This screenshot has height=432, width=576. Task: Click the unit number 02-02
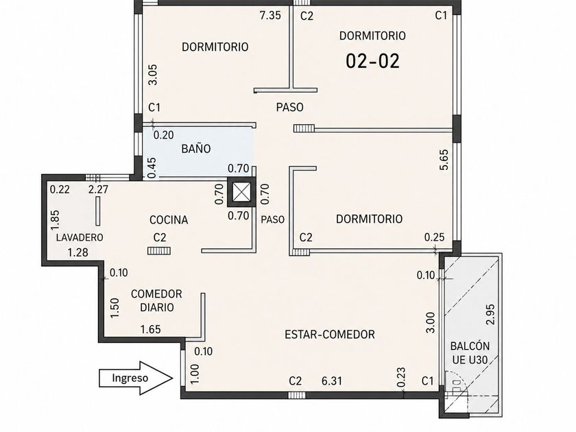pyautogui.click(x=372, y=61)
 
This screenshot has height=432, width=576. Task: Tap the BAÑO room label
pyautogui.click(x=196, y=149)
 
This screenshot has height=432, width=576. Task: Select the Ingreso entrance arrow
pyautogui.click(x=136, y=378)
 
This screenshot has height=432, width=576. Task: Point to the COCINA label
pyautogui.click(x=169, y=220)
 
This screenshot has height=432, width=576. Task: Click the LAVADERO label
pyautogui.click(x=80, y=238)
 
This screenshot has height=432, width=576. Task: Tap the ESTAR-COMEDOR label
pyautogui.click(x=330, y=335)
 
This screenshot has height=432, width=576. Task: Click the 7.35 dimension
pyautogui.click(x=270, y=15)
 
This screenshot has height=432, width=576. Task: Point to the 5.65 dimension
pyautogui.click(x=444, y=159)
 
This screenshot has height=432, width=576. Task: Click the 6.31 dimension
pyautogui.click(x=332, y=381)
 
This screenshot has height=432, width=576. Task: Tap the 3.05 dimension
pyautogui.click(x=153, y=75)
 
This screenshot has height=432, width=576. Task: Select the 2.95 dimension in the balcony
pyautogui.click(x=490, y=315)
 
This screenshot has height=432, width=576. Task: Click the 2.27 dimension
pyautogui.click(x=99, y=189)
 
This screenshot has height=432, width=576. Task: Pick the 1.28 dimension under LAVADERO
pyautogui.click(x=78, y=252)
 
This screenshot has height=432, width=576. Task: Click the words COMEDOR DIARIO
pyautogui.click(x=156, y=300)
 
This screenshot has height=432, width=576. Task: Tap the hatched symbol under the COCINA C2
pyautogui.click(x=159, y=251)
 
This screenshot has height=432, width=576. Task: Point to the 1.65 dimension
pyautogui.click(x=151, y=329)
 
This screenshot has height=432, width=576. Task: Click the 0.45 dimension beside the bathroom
pyautogui.click(x=152, y=168)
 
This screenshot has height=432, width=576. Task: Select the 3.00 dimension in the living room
pyautogui.click(x=430, y=322)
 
